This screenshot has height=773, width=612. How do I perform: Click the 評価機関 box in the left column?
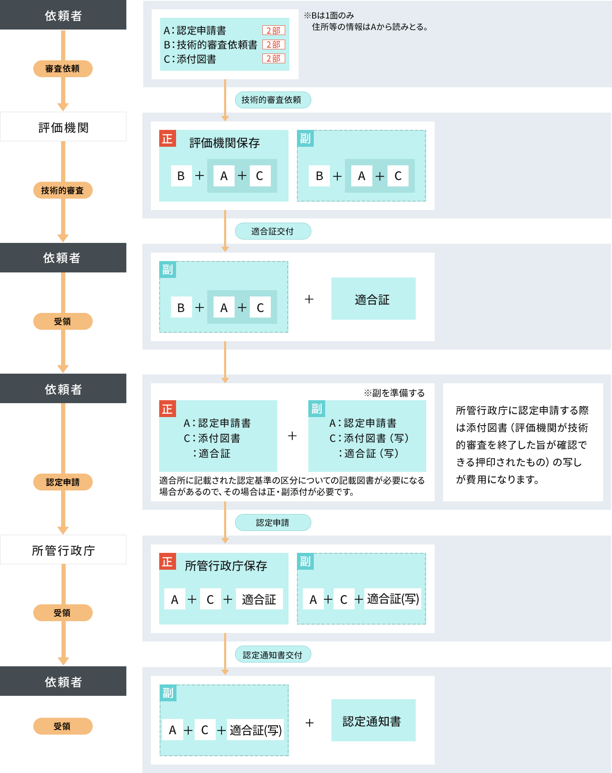point(63,127)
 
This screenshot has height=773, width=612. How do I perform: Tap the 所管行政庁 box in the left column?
point(63,550)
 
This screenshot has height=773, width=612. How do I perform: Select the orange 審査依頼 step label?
point(63,68)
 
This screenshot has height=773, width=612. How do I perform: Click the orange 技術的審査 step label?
point(63,190)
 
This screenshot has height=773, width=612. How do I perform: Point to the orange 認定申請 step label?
point(63,482)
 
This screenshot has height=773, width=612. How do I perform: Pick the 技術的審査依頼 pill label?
point(272,100)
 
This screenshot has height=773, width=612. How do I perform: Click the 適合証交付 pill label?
point(272,231)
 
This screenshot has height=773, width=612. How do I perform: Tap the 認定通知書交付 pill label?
point(272,655)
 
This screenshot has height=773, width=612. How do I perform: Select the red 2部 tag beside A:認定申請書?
point(273,30)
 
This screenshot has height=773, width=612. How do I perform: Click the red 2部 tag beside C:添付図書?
point(273,59)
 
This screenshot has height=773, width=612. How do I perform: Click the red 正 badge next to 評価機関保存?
point(167,138)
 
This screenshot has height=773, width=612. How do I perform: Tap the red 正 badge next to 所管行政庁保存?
point(167,561)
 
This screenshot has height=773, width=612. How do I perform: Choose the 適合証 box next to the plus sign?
point(373,299)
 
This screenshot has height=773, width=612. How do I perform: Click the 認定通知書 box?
point(373,721)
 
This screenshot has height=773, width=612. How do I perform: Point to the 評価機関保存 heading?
point(224,143)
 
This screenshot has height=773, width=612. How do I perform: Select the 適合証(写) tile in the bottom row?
point(256,730)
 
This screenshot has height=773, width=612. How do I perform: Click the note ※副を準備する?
point(394,393)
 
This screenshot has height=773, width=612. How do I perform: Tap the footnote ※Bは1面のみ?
point(329,16)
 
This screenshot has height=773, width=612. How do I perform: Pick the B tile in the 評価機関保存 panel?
point(181,176)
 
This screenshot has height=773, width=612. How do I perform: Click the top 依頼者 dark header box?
point(63,15)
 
